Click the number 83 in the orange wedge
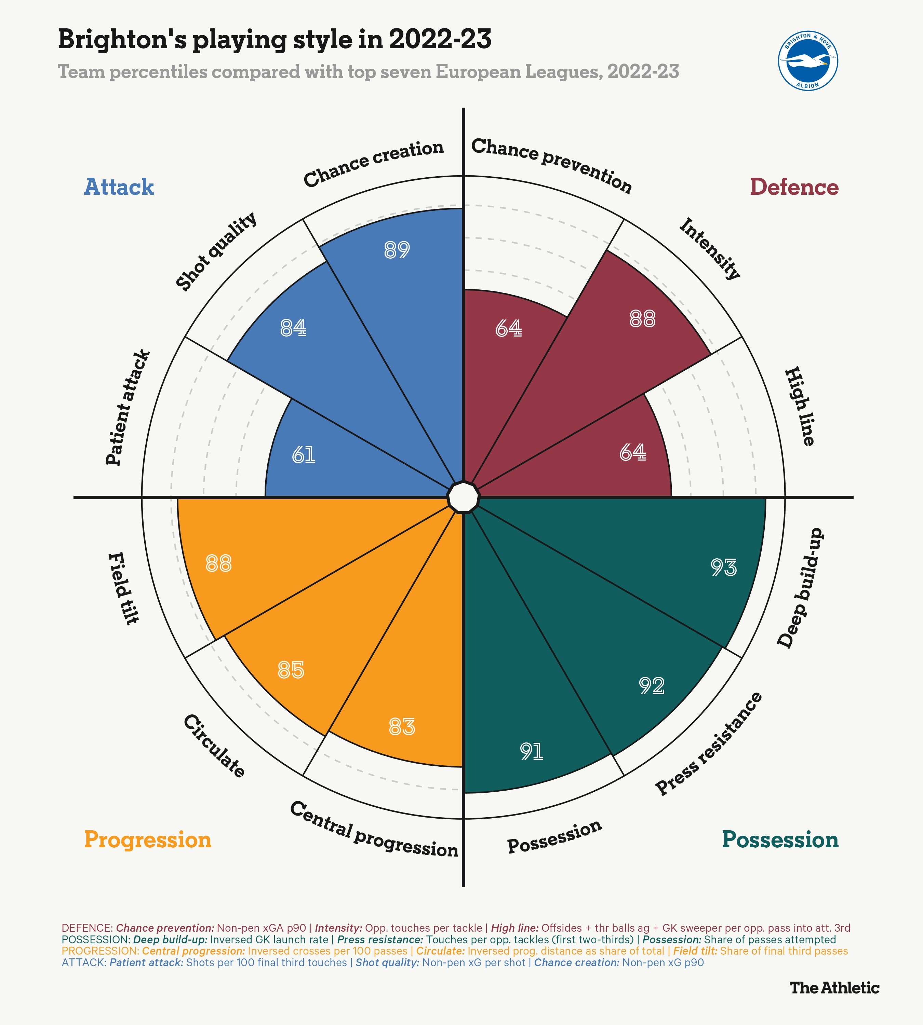(x=402, y=727)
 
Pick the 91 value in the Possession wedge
(x=532, y=751)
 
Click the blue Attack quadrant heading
(x=119, y=187)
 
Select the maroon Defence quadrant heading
(x=794, y=187)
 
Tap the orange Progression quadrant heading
(x=148, y=840)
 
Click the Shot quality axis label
(x=216, y=252)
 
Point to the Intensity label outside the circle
(x=709, y=248)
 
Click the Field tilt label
(x=123, y=588)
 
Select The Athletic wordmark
(x=834, y=1002)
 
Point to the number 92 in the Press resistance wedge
(x=651, y=686)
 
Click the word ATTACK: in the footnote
(x=84, y=962)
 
